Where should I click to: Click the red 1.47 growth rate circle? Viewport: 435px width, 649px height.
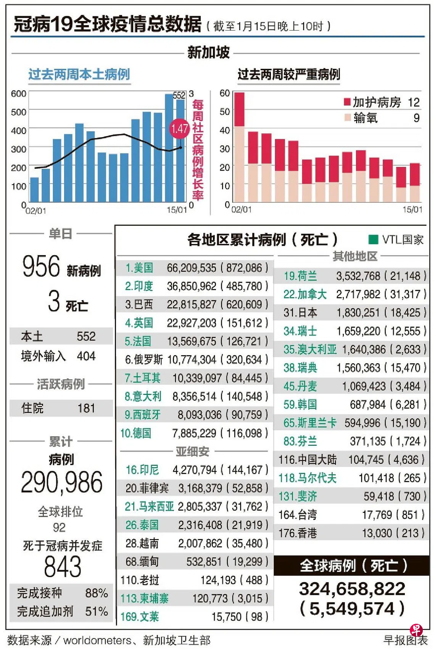point(179,128)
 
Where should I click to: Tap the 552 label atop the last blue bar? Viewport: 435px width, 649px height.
point(179,95)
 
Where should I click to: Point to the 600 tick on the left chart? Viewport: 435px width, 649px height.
point(18,94)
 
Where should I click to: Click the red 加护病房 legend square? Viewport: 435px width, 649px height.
point(347,102)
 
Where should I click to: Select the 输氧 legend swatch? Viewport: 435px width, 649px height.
point(347,118)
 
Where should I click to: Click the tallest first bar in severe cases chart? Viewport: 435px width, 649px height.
point(239,147)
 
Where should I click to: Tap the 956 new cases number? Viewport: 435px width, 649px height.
point(41,266)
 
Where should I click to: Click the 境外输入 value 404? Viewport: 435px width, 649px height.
point(86,356)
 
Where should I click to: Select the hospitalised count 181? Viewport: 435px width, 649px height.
point(86,408)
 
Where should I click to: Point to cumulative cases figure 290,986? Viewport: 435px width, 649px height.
point(61,482)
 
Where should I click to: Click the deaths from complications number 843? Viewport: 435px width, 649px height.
point(63,566)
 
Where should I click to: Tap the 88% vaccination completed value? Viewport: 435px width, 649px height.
point(96,593)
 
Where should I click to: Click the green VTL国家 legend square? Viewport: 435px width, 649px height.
point(373,240)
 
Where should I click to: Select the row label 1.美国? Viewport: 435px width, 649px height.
point(139,268)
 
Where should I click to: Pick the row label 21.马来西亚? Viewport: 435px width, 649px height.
point(149,507)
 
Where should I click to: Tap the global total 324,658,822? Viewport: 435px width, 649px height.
point(352,589)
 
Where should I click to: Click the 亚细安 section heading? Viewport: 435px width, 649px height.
point(192,452)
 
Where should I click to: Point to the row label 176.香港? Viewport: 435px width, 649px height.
point(298,533)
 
